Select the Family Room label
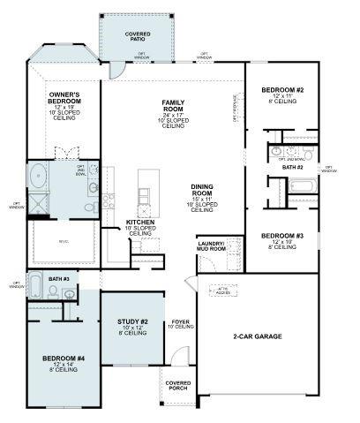coord(173,110)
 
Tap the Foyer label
coord(181,324)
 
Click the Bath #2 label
coord(292,167)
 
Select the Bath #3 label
coord(59,279)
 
